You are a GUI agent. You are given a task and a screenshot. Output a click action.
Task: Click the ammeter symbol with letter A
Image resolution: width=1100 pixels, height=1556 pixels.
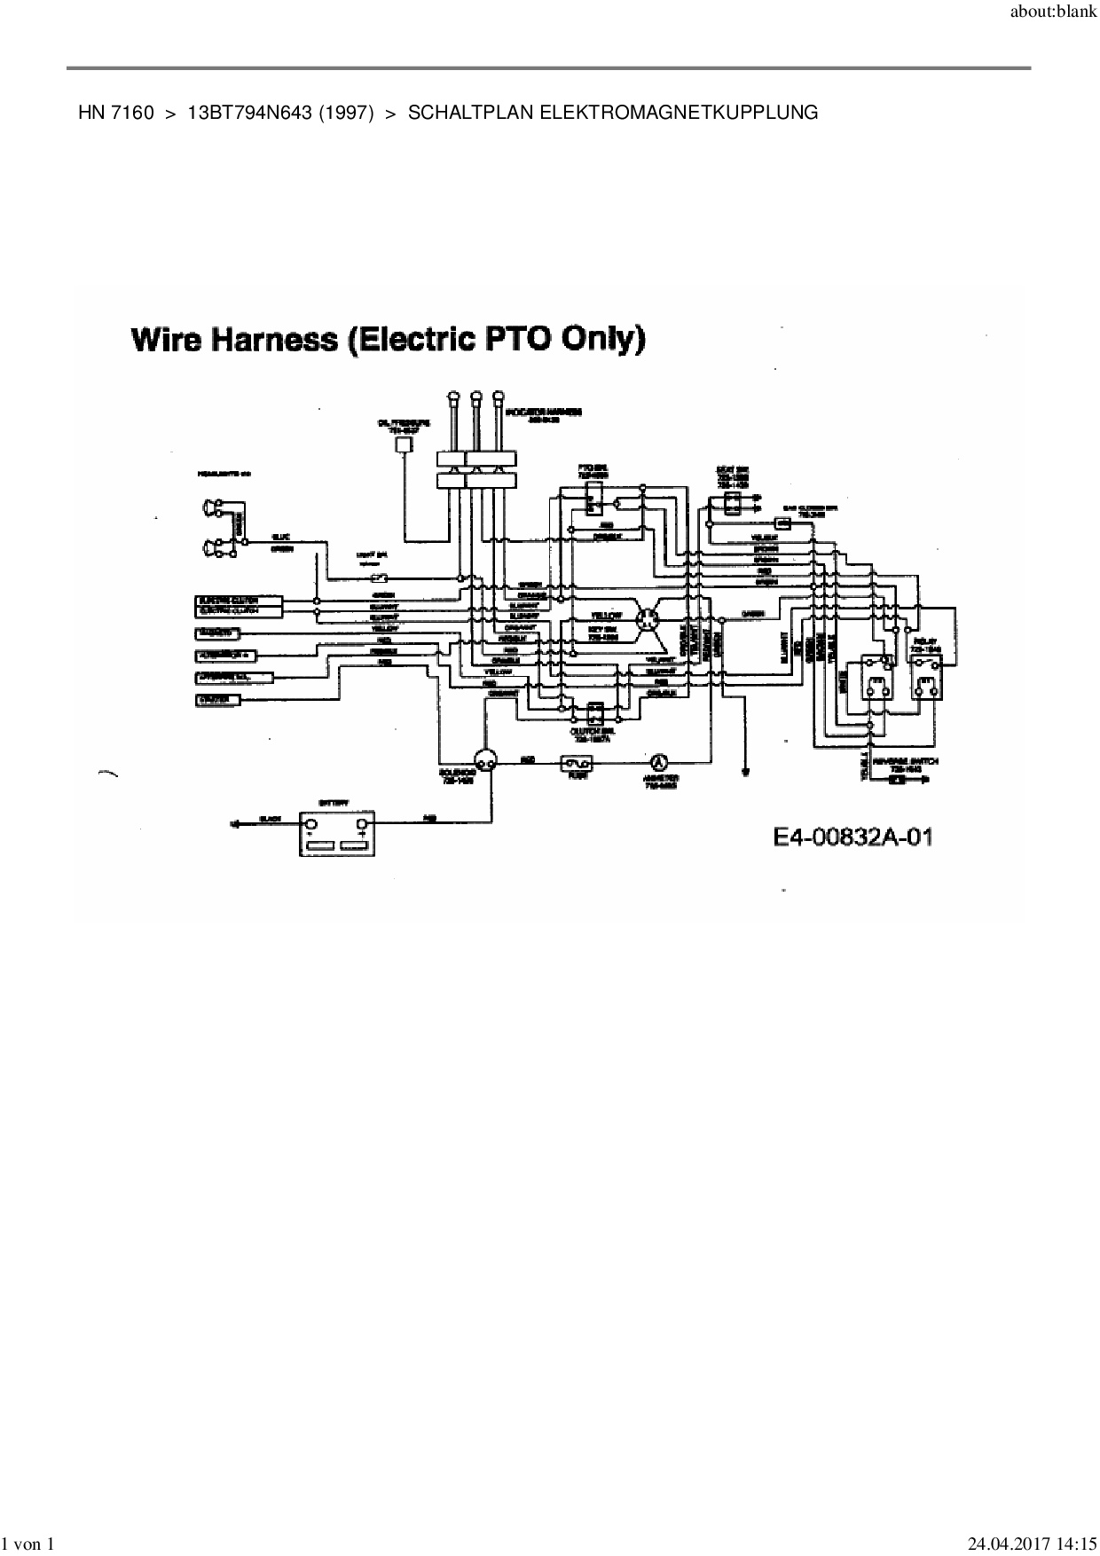(x=658, y=762)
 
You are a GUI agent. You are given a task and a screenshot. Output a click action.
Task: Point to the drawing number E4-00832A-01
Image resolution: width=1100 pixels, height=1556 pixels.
(x=852, y=837)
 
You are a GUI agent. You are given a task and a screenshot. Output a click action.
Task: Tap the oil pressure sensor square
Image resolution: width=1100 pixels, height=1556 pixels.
(x=404, y=444)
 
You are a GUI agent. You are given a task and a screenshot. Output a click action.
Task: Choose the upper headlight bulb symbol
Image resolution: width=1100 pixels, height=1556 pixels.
(x=212, y=507)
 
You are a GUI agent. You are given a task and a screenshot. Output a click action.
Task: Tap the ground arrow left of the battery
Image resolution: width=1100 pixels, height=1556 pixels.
(x=235, y=824)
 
